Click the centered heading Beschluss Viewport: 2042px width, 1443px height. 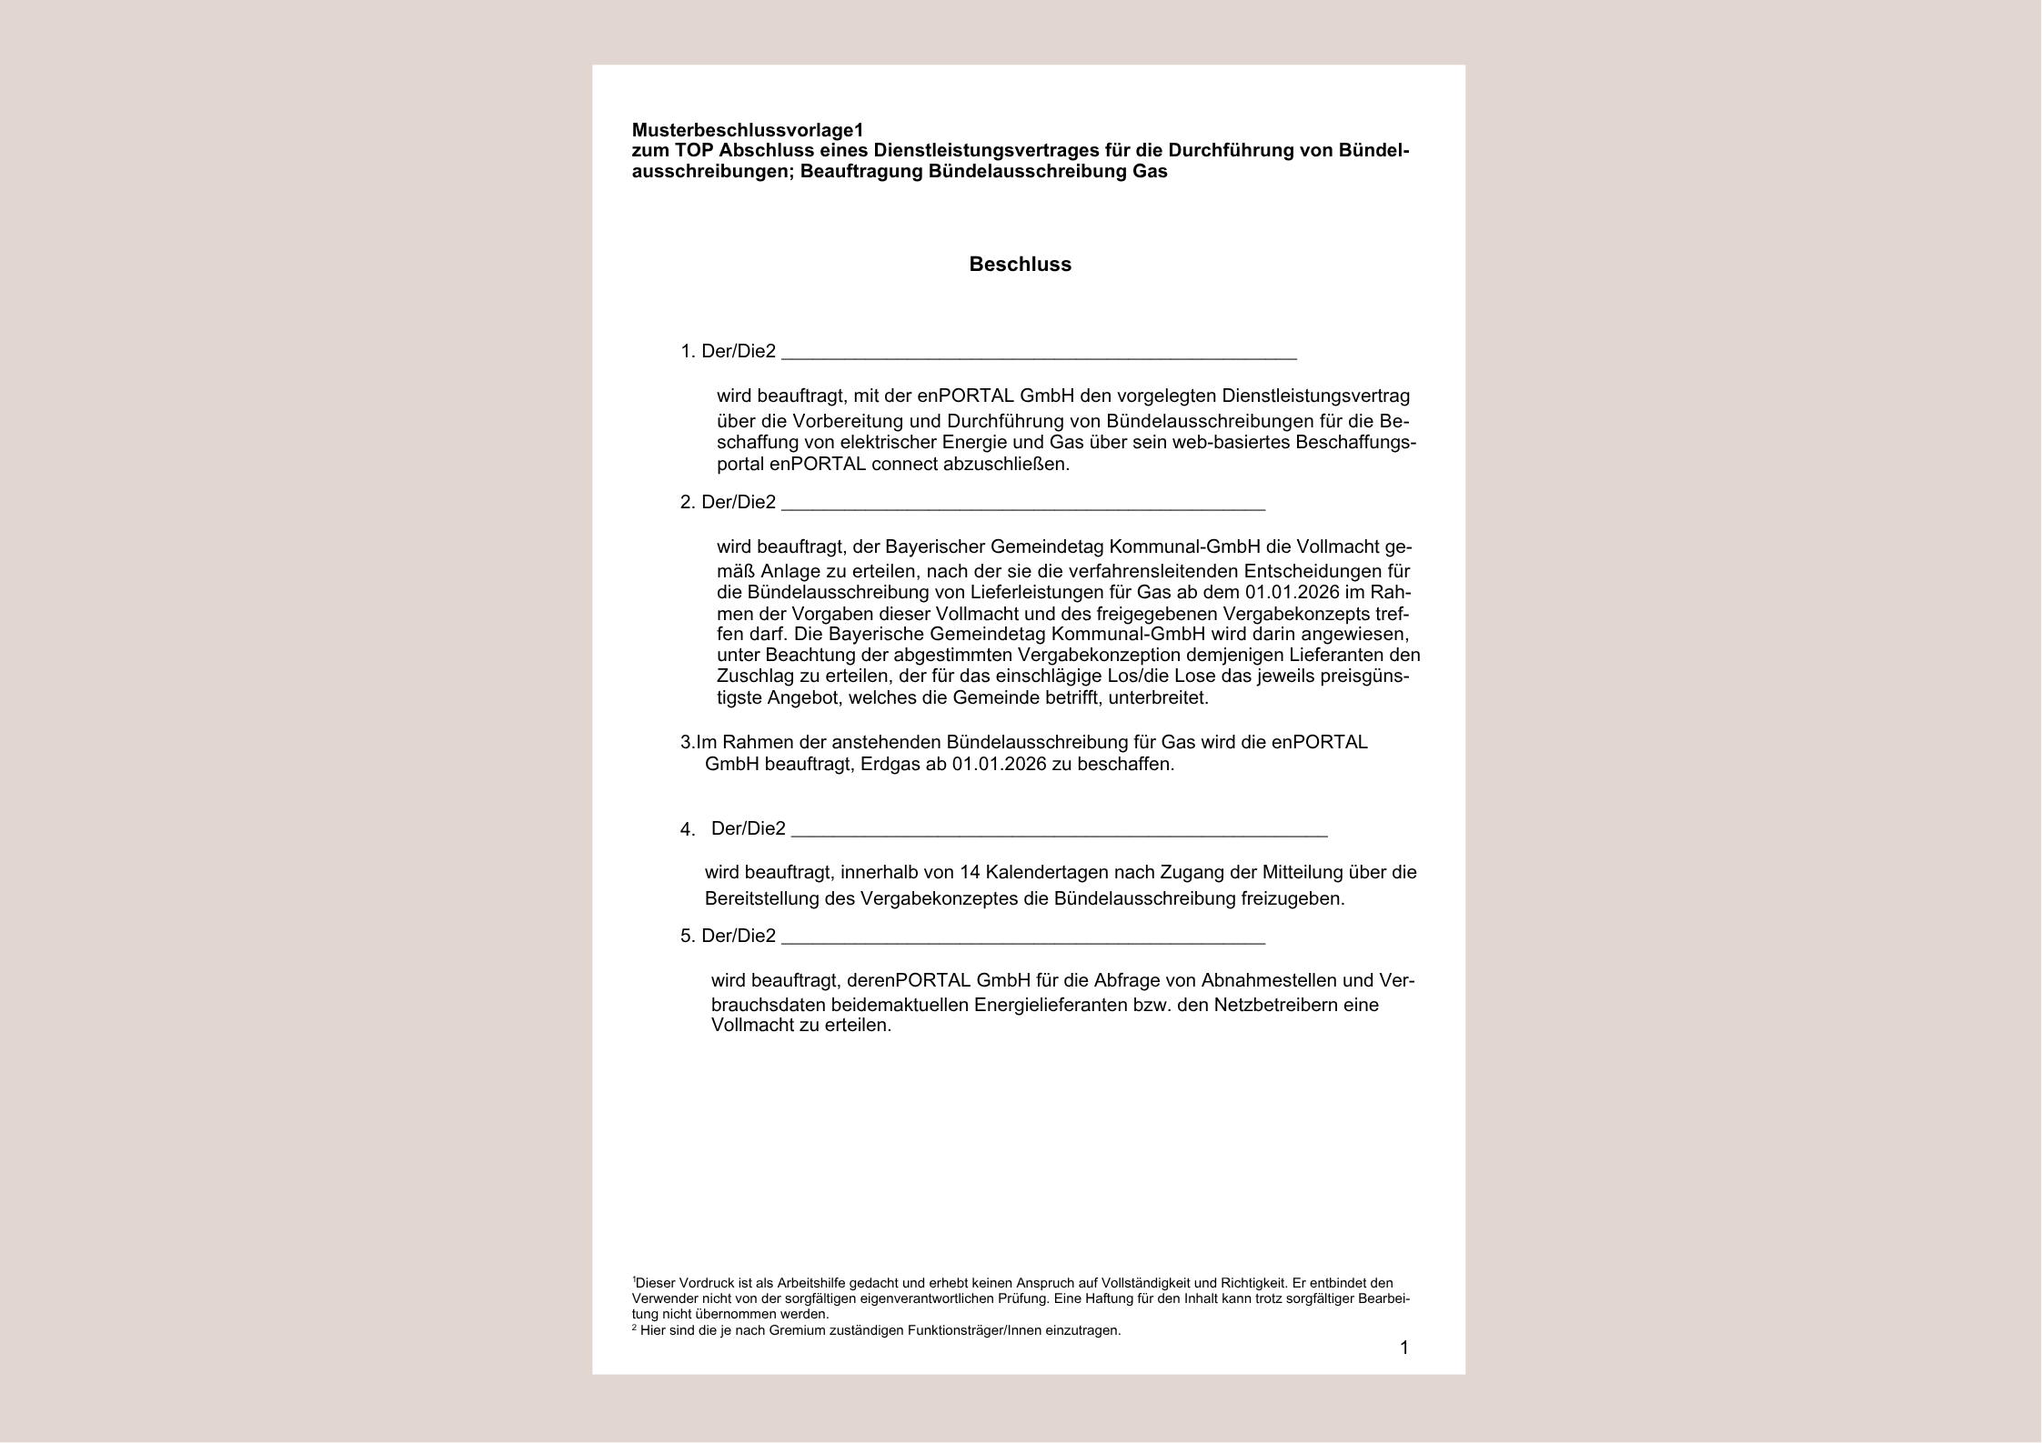pyautogui.click(x=1020, y=265)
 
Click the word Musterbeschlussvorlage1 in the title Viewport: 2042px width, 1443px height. pyautogui.click(x=747, y=130)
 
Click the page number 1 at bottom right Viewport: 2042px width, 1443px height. pyautogui.click(x=1403, y=1348)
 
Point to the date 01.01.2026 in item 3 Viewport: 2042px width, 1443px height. pyautogui.click(x=999, y=764)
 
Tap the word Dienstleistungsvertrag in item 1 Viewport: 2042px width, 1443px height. pyautogui.click(x=1315, y=396)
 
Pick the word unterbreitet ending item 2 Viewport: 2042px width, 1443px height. pyautogui.click(x=1158, y=698)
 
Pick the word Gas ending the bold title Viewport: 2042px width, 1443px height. pyautogui.click(x=1150, y=171)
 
